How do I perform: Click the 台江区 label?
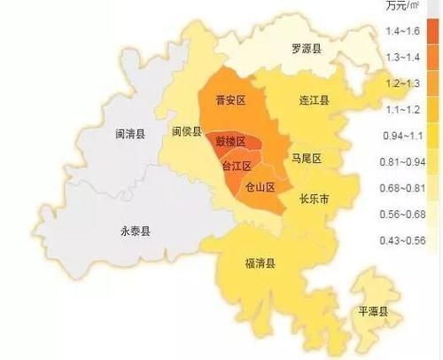236,166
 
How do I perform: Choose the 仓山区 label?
260,186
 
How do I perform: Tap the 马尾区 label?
305,158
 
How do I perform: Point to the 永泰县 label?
136,231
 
